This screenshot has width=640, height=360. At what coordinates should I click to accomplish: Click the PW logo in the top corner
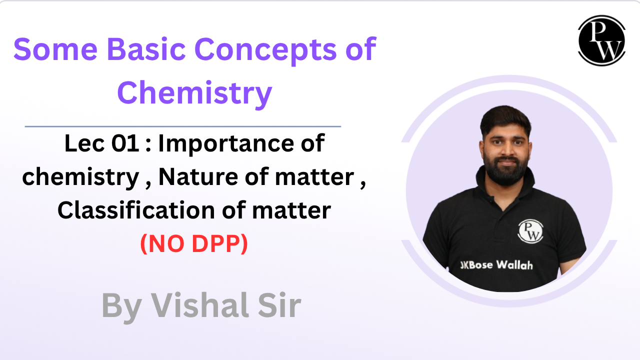click(x=601, y=40)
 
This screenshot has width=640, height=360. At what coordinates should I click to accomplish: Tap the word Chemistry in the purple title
click(x=194, y=93)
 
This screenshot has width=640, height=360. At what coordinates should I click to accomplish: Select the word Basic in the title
click(x=146, y=49)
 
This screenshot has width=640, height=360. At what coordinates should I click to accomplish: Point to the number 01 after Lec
click(x=125, y=143)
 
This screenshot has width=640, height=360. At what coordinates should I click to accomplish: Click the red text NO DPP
click(x=194, y=243)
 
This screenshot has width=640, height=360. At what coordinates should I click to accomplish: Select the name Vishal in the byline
click(x=200, y=305)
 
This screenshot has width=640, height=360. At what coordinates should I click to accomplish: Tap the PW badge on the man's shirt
click(x=530, y=231)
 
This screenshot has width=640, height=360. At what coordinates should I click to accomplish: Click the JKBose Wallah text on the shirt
click(x=496, y=265)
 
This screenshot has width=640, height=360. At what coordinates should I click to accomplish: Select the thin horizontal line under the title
click(x=183, y=126)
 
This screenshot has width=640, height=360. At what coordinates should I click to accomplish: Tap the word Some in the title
click(x=55, y=49)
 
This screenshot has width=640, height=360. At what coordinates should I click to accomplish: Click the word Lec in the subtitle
click(x=84, y=143)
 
